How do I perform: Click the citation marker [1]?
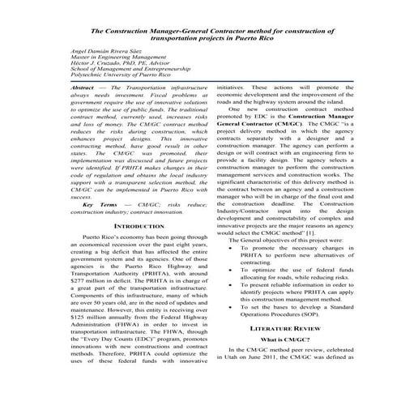tap(322, 232)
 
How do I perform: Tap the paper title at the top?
tap(200, 33)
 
